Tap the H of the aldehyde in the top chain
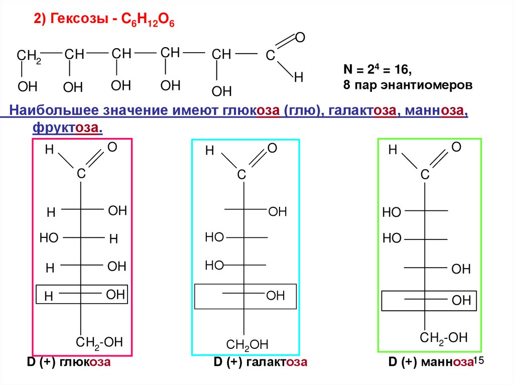(x=299, y=77)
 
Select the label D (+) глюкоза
(x=68, y=362)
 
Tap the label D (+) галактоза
(x=260, y=362)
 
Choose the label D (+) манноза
(x=430, y=362)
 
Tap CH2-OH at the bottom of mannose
(x=444, y=337)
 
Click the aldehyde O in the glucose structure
(x=112, y=147)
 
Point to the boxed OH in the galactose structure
(x=276, y=296)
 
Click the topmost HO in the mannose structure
(x=392, y=212)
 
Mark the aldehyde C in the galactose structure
(x=241, y=175)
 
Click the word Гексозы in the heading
(x=78, y=21)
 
